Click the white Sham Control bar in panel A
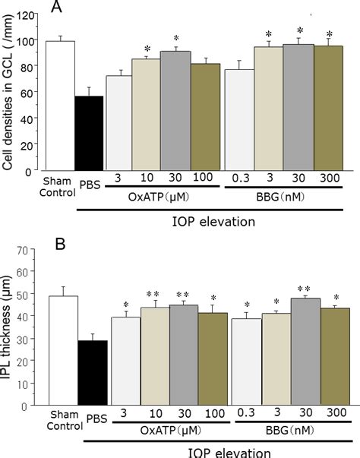click(x=60, y=106)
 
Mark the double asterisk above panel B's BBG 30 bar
click(x=299, y=289)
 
